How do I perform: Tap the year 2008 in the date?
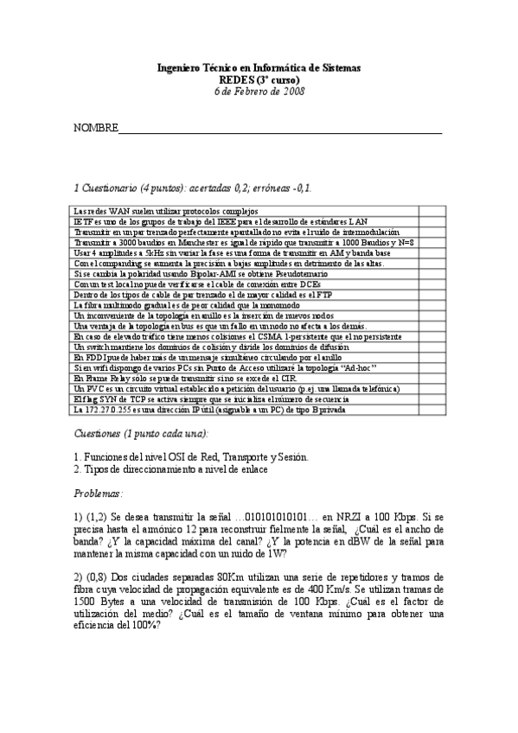coord(291,90)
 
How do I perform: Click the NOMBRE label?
coord(94,129)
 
